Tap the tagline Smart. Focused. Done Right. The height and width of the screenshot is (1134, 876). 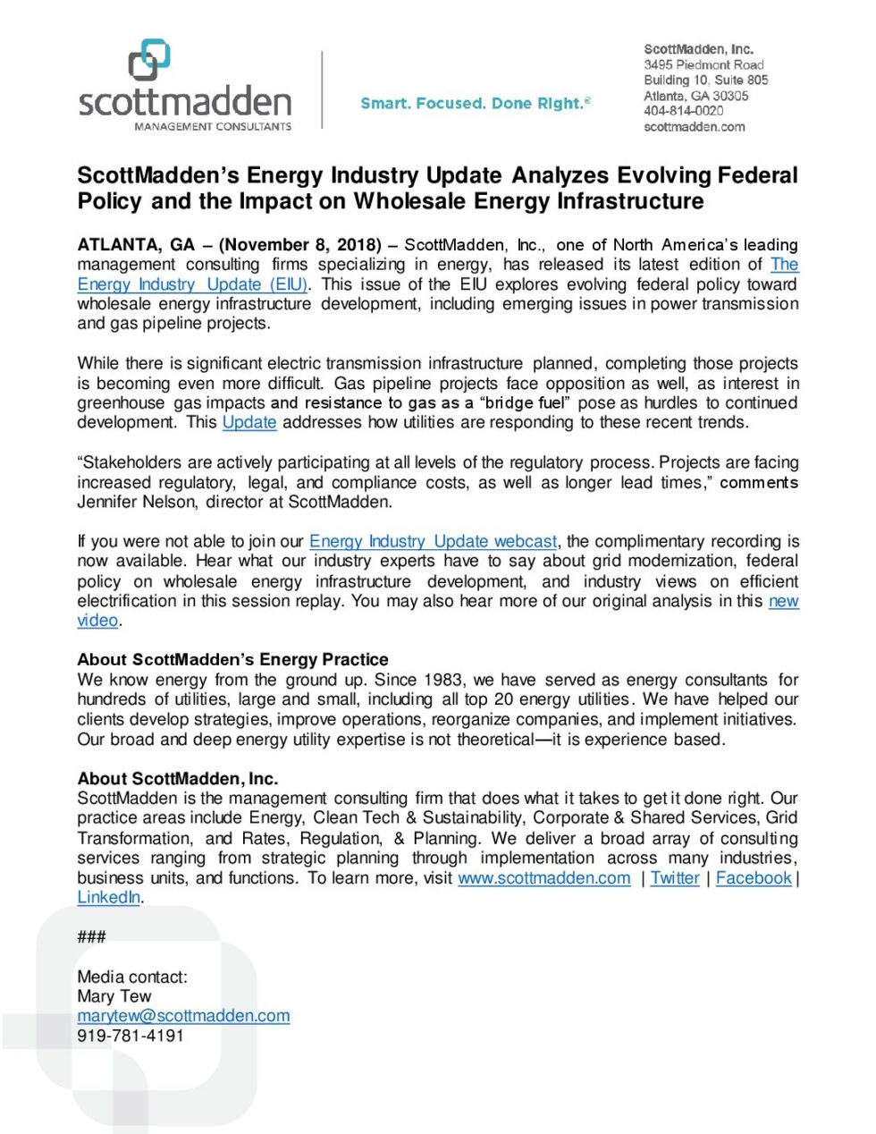click(475, 104)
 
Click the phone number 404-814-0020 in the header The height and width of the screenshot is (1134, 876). click(683, 111)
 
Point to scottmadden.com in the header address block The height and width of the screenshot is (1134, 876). click(694, 127)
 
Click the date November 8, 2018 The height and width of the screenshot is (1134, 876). click(300, 245)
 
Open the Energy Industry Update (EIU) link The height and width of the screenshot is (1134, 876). click(192, 284)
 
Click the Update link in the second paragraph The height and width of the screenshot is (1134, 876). click(249, 422)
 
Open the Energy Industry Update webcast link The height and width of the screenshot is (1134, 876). click(433, 541)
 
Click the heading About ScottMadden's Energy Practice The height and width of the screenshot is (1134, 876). click(232, 660)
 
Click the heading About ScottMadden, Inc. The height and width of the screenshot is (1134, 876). click(177, 778)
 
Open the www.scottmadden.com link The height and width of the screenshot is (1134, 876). click(543, 878)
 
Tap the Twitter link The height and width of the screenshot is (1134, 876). click(675, 878)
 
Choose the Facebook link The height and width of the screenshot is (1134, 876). click(754, 878)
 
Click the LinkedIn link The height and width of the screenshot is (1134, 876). click(108, 897)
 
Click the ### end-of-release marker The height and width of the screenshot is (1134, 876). click(91, 936)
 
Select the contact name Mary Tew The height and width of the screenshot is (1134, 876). click(114, 996)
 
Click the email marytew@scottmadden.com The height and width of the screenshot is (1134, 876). click(183, 1016)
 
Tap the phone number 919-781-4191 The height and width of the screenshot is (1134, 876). click(131, 1036)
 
